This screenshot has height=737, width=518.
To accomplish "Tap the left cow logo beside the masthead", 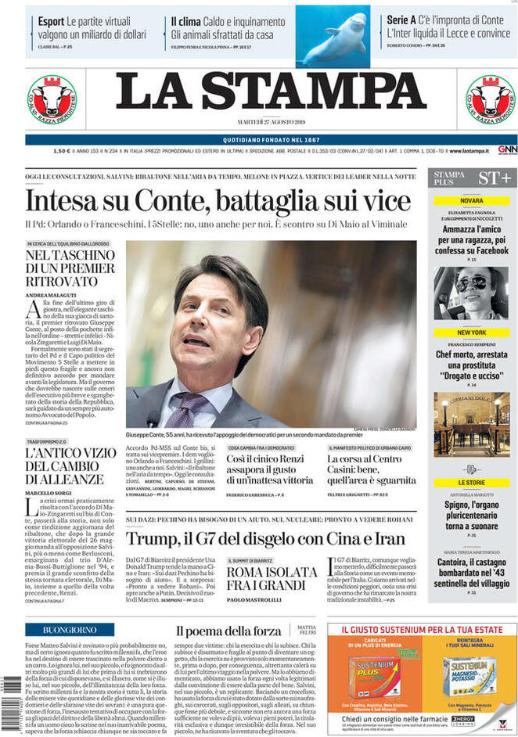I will [52, 101].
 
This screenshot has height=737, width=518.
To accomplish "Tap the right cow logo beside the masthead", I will [491, 101].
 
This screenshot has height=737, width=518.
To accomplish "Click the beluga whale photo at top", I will [333, 37].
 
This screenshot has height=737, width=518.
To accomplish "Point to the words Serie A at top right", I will [405, 21].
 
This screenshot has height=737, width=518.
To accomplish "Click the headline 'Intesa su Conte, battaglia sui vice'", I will [207, 201].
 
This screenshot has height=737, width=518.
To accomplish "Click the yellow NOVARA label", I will [471, 200].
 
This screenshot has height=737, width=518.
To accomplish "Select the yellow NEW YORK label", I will [471, 333].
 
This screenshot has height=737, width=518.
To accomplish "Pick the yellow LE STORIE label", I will [471, 483].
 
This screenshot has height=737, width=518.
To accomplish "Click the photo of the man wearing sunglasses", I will [471, 293].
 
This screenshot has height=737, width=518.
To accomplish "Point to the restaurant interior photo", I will [471, 425].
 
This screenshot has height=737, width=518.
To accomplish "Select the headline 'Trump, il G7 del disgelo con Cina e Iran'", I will [266, 539].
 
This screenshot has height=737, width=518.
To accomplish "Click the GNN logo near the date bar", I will [507, 149].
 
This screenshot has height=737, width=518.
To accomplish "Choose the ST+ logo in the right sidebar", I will [495, 178].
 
